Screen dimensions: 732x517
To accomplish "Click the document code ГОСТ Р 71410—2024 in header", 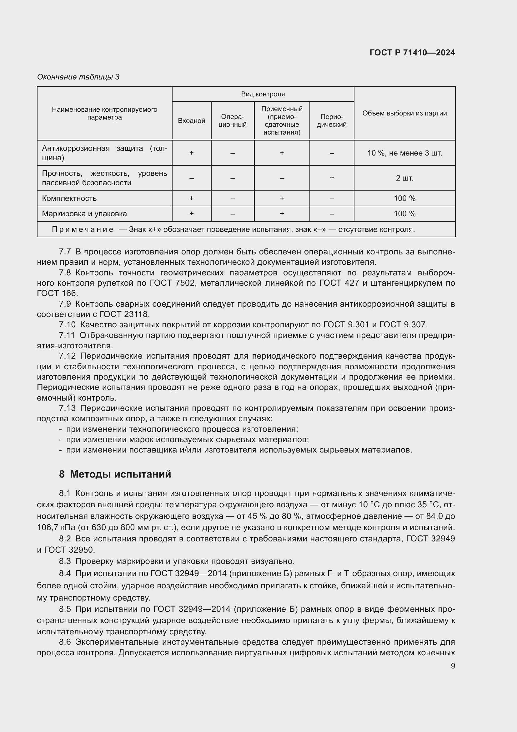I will pos(412,53).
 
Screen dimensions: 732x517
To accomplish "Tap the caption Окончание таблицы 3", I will pos(78,77).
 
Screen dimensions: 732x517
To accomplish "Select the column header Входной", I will pos(191,121).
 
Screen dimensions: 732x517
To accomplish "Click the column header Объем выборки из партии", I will pos(404,113).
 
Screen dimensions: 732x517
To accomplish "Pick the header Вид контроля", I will pos(263,94).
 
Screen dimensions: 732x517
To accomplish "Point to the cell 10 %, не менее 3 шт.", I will pos(404,153).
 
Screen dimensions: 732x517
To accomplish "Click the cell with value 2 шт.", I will pos(404,178).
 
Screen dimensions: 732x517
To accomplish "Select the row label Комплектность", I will pos(69,198).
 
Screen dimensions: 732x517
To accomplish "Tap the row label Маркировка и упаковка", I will pos(84,214).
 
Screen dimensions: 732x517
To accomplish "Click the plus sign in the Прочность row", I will pos(331,178).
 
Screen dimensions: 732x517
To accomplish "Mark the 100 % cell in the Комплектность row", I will pos(404,198).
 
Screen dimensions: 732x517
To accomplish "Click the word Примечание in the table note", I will pos(83,229).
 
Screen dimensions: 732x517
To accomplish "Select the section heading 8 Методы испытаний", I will pos(115,474).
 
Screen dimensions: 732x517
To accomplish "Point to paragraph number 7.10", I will pos(67,325).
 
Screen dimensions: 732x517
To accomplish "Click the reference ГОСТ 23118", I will pos(124,314).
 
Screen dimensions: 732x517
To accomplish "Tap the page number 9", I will pos(453,666).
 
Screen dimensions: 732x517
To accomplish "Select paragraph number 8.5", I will pos(65,609).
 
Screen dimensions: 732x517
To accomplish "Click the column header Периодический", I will pos(331,121).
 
